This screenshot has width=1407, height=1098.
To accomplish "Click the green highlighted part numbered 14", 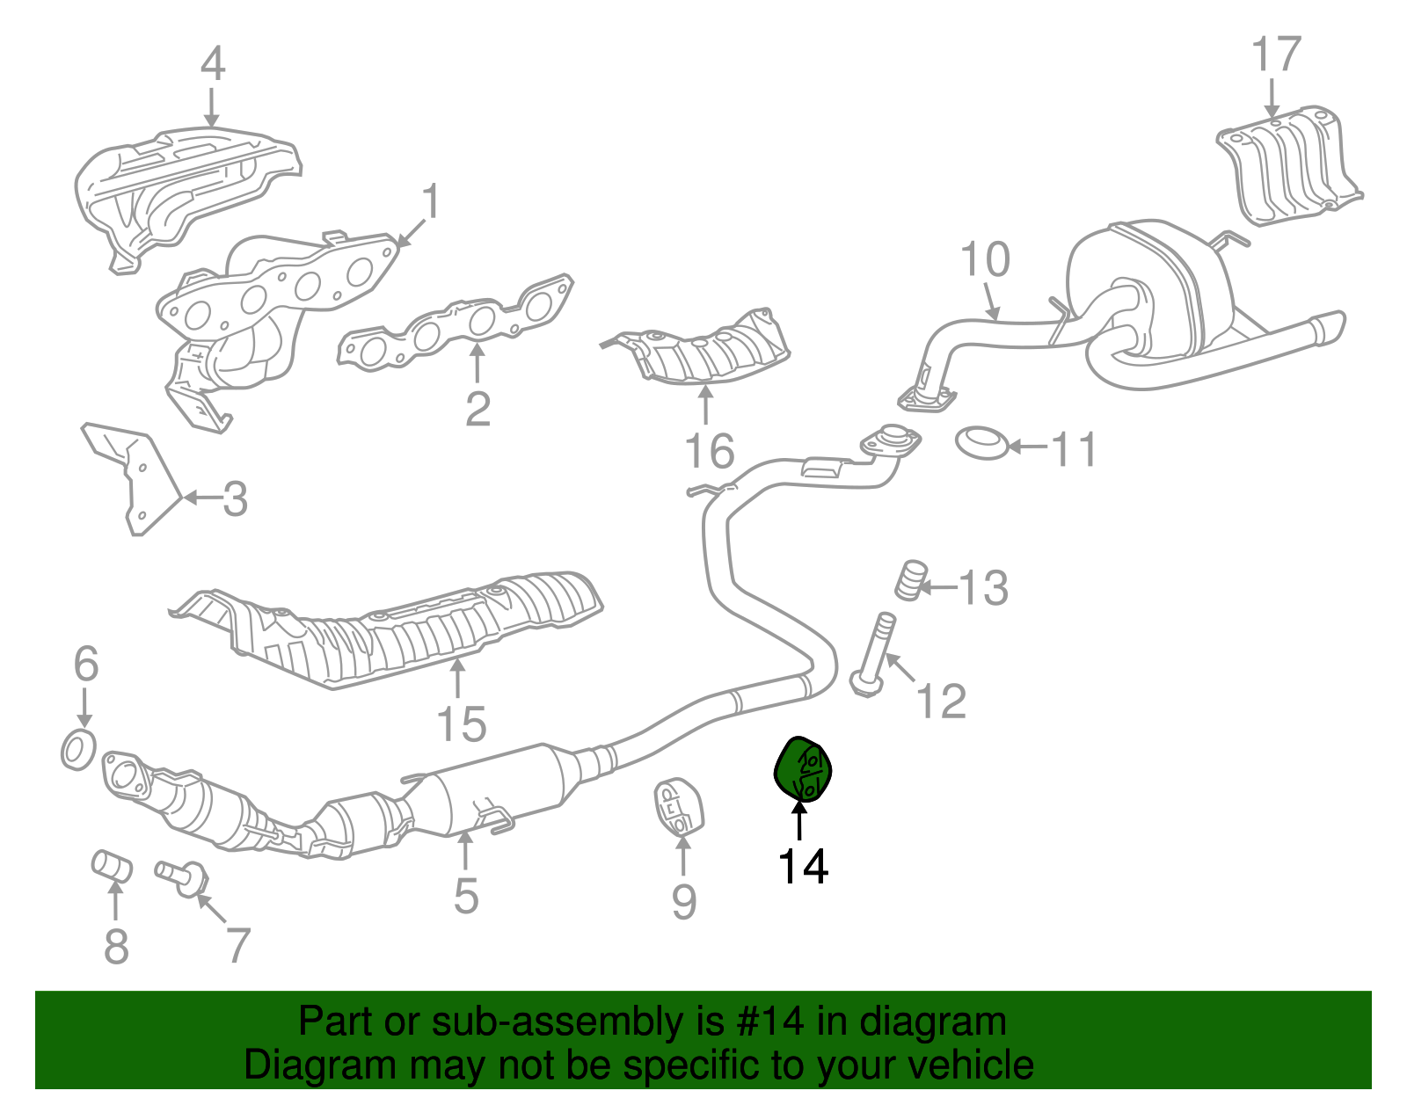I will [802, 770].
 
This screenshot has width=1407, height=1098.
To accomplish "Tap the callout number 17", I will [1276, 55].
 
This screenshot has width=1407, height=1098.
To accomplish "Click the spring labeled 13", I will [911, 580].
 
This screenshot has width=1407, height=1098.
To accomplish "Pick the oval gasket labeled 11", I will [981, 442].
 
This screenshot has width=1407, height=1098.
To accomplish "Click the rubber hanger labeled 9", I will [678, 807].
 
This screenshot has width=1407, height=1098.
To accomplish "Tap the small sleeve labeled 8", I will [113, 865].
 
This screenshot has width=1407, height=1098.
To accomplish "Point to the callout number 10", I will [985, 260].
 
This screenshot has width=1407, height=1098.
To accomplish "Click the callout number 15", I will [462, 724].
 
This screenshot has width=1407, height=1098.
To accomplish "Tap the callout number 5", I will [466, 896].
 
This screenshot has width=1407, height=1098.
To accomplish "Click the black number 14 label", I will [803, 866].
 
